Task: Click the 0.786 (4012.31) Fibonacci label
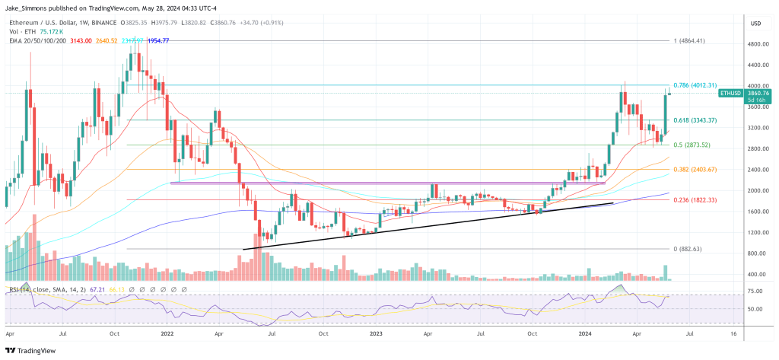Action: pyautogui.click(x=695, y=85)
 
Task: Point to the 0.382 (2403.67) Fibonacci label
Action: pyautogui.click(x=695, y=169)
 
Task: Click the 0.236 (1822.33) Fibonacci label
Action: pyautogui.click(x=695, y=199)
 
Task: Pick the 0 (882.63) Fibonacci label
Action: pyautogui.click(x=688, y=249)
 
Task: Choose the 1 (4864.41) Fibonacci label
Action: pyautogui.click(x=692, y=40)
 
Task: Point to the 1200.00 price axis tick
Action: pyautogui.click(x=755, y=231)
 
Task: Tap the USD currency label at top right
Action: pyautogui.click(x=755, y=24)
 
